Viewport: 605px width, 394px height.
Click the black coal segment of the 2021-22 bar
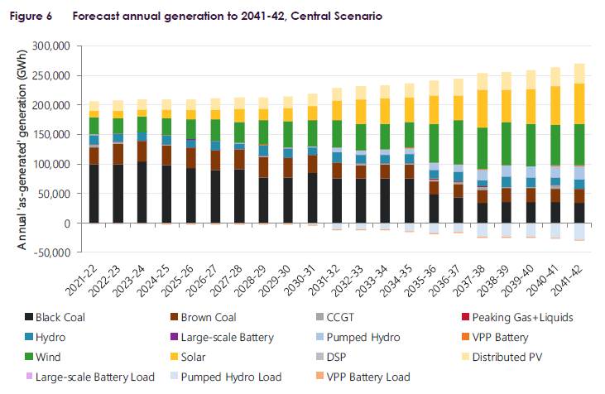(x=94, y=194)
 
